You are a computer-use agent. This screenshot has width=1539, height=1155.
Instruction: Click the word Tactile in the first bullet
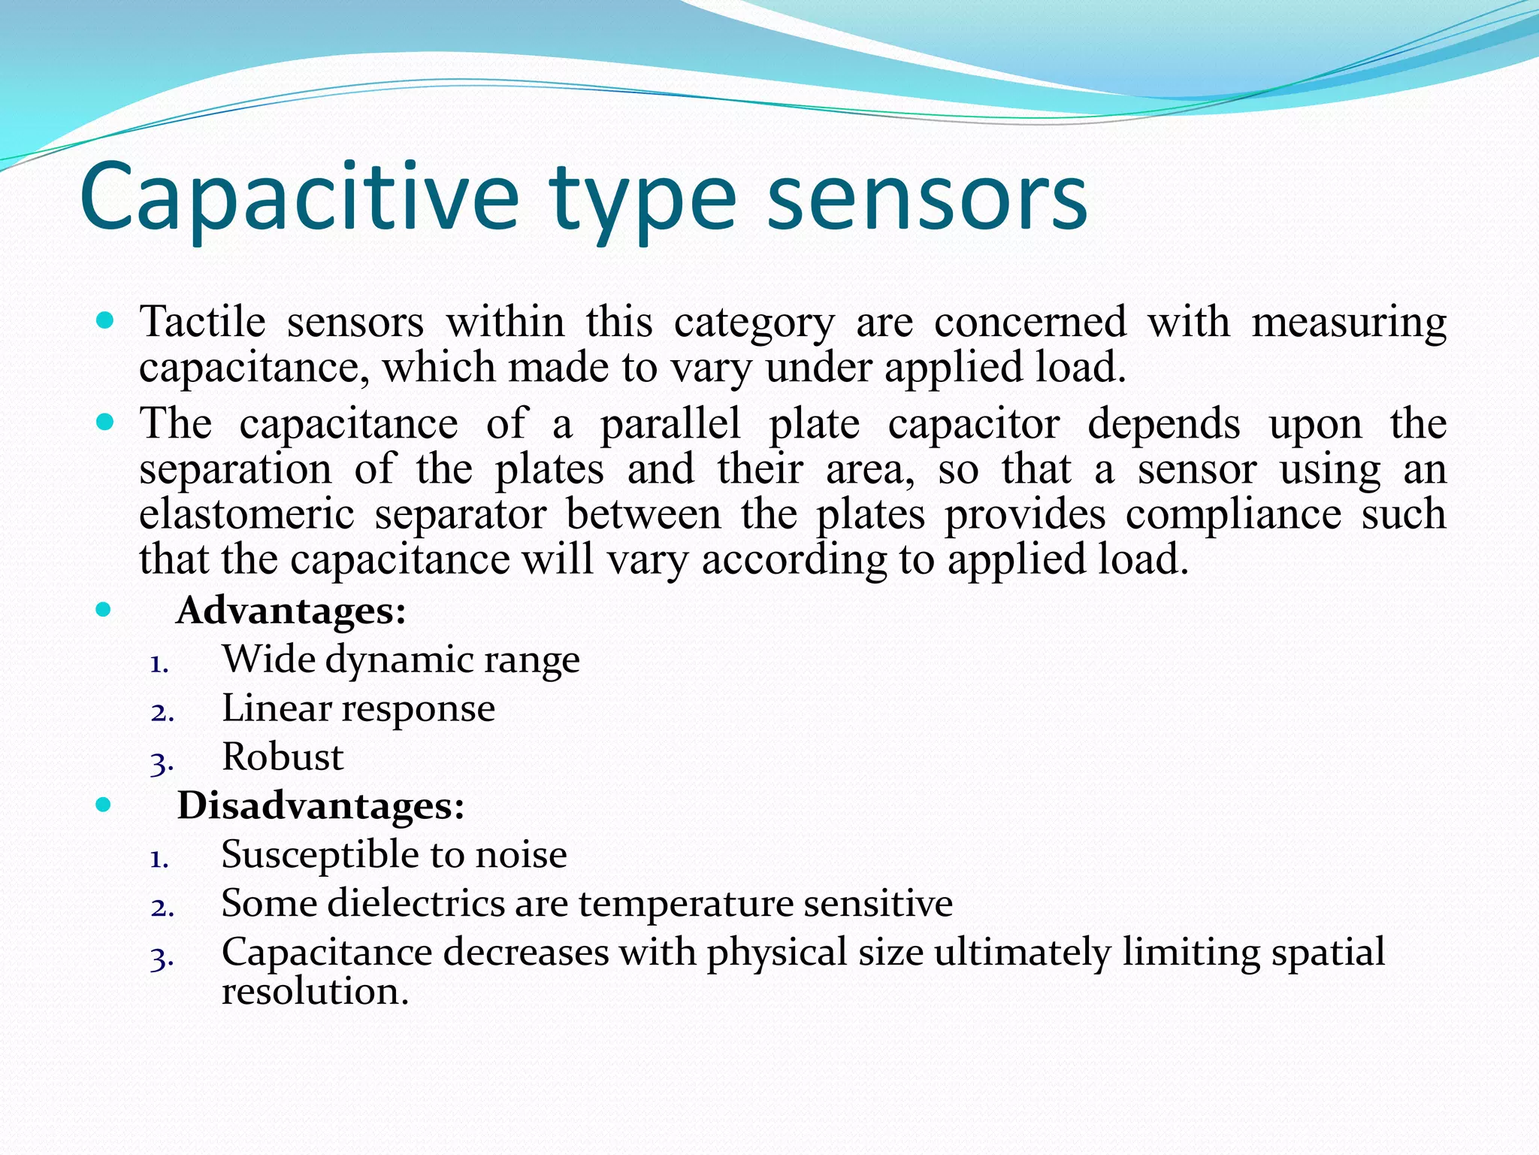[x=203, y=322]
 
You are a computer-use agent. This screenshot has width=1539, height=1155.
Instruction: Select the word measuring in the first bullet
[x=1349, y=322]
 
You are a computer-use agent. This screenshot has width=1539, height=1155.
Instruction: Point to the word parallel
[x=670, y=423]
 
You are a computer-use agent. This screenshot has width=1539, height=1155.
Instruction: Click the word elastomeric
[x=246, y=514]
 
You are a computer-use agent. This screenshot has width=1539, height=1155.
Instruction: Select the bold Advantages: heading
[x=291, y=610]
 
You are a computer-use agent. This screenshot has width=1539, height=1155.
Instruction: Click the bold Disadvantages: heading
[x=321, y=805]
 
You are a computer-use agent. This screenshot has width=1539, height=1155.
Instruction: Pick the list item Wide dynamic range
[x=401, y=659]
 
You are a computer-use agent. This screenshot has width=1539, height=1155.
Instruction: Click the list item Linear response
[x=358, y=708]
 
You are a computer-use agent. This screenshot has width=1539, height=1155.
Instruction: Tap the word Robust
[x=283, y=756]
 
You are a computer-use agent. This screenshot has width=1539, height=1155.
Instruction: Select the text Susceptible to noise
[x=394, y=854]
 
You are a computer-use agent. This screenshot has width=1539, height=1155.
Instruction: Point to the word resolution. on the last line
[x=315, y=991]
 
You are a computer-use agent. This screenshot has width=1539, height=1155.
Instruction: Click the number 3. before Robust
[x=162, y=762]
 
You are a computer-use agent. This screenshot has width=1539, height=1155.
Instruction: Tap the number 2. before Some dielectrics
[x=162, y=908]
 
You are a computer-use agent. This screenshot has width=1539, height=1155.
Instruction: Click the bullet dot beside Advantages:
[x=104, y=609]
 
